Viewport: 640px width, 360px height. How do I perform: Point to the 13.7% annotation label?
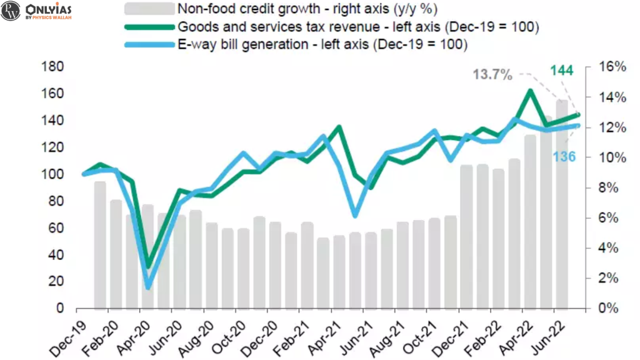(x=492, y=75)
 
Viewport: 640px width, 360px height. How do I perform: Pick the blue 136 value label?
(x=564, y=156)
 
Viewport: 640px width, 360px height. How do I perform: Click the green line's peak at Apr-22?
(x=530, y=91)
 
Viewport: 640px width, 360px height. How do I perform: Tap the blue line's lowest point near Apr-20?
(x=148, y=287)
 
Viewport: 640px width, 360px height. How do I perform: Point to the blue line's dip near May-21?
(x=355, y=215)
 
